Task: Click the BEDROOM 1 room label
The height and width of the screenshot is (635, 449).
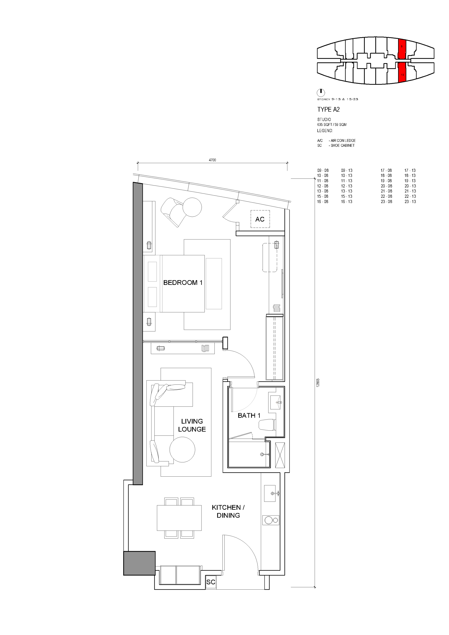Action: tap(183, 283)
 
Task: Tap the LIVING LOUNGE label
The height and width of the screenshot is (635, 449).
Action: tap(192, 425)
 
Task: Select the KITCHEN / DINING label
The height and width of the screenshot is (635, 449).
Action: tap(228, 511)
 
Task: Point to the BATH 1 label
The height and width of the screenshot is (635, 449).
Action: tap(249, 415)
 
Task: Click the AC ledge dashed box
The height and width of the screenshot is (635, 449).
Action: tap(260, 219)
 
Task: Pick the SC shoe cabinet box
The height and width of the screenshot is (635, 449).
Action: tap(211, 582)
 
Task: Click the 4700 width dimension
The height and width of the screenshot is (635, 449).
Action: tap(212, 160)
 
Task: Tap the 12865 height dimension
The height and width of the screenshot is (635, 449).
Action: tap(318, 383)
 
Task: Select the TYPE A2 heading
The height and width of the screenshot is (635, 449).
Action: tap(328, 110)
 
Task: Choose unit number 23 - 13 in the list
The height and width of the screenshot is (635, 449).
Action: tap(410, 202)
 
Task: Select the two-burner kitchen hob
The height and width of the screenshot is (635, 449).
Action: tap(271, 520)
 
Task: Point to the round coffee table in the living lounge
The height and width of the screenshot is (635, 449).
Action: tap(182, 449)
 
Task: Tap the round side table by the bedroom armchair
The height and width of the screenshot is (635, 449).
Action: tap(192, 207)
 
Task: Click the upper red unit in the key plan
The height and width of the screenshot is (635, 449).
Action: tap(402, 49)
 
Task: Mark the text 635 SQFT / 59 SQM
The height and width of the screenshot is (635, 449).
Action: tap(332, 125)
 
